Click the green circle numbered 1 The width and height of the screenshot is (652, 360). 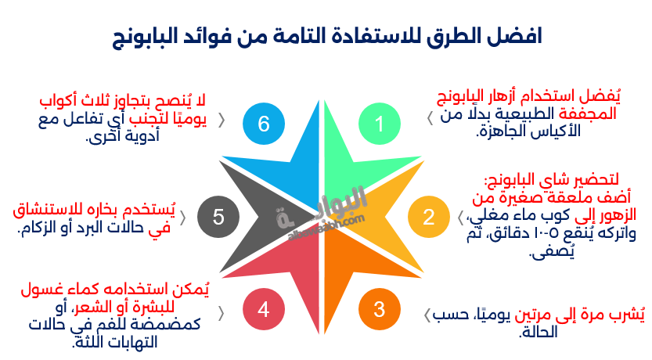[x=380, y=124]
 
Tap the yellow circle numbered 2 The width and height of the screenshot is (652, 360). [x=428, y=217]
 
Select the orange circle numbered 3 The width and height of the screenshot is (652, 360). [x=380, y=309]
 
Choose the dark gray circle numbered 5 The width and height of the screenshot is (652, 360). [x=218, y=217]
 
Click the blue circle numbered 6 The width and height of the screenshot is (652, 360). [x=263, y=124]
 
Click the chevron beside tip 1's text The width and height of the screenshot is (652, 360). [x=430, y=117]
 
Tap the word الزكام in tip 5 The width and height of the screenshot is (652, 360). [x=39, y=229]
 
